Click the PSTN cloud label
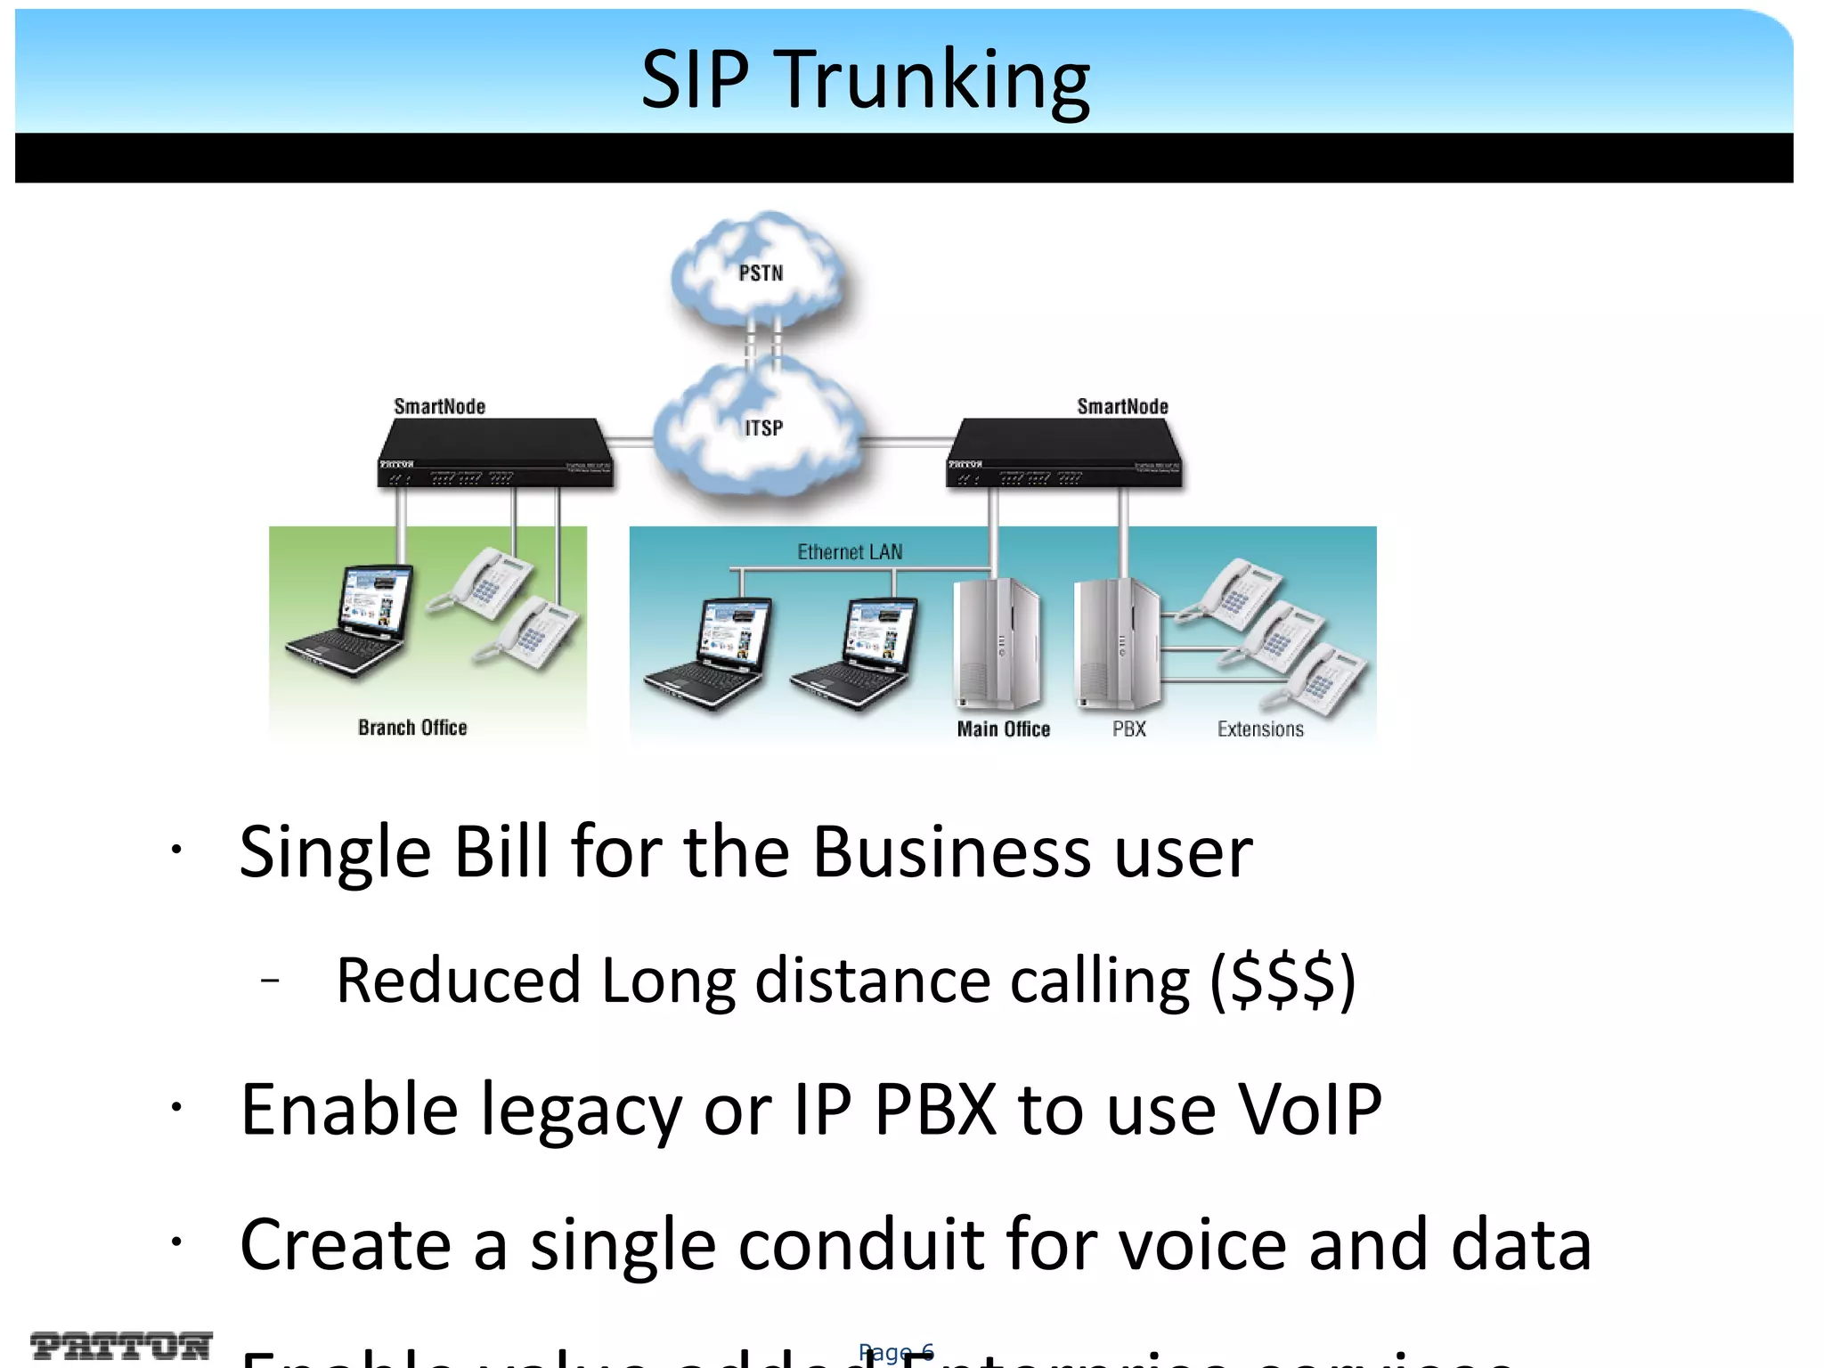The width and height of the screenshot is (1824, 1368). coord(761,273)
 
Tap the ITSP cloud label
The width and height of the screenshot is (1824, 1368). coord(763,428)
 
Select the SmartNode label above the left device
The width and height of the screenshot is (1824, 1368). coord(439,407)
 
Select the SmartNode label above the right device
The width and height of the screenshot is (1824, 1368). coord(1122,407)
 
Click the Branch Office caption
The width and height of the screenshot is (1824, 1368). coord(412,728)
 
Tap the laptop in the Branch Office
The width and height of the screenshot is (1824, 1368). coord(352,621)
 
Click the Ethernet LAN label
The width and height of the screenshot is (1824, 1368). coord(850,552)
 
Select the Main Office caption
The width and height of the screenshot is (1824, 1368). coord(1003,729)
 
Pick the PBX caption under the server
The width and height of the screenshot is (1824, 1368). coord(1128,729)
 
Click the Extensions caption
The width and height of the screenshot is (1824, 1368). coord(1260,729)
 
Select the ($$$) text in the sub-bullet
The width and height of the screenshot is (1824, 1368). coord(1282,981)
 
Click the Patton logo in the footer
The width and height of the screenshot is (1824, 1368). coord(121,1345)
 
